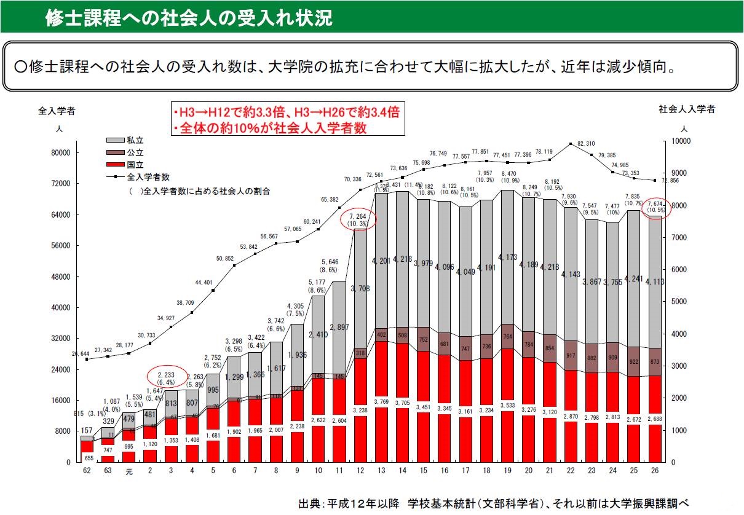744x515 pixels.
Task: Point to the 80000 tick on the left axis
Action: tap(63, 152)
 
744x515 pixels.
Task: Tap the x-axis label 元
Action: tap(129, 472)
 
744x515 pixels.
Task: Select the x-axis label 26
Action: tap(655, 472)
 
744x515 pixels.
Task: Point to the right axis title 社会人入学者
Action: tap(687, 109)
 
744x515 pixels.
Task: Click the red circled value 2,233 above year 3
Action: tap(167, 376)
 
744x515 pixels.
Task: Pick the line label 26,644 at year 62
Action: tap(81, 354)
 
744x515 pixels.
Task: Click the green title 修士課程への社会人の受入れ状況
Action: tap(189, 18)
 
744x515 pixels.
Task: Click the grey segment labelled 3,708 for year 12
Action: tap(360, 288)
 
